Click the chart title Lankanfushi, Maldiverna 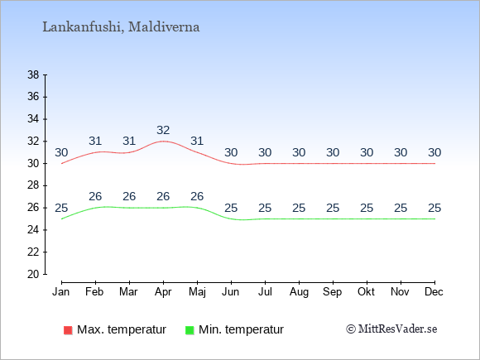[x=121, y=27]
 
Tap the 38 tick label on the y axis [x=33, y=74]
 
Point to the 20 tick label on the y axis [x=33, y=274]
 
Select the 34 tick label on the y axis [x=33, y=119]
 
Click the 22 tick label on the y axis [x=33, y=252]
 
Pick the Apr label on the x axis [x=163, y=292]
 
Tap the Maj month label [x=197, y=292]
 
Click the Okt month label [x=367, y=292]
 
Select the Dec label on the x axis [x=434, y=292]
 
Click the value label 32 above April [x=163, y=131]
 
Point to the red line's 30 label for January [x=61, y=152]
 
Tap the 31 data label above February [x=95, y=142]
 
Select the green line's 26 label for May [x=197, y=196]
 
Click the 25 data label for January [x=61, y=209]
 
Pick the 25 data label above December [x=434, y=209]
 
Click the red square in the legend [x=68, y=330]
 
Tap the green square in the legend [x=190, y=330]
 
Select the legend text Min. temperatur [x=241, y=329]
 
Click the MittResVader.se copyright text [x=391, y=329]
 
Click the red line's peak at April [x=163, y=142]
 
